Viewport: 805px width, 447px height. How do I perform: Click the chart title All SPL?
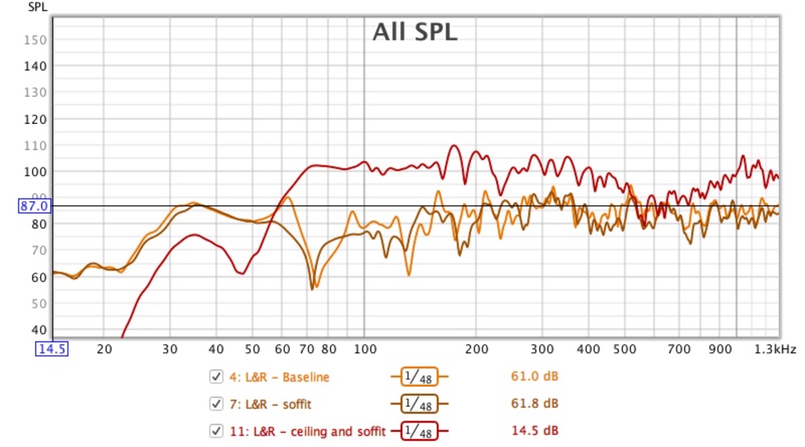click(x=415, y=32)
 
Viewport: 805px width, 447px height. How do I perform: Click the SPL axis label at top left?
click(x=36, y=7)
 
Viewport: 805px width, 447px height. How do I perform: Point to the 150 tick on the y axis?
click(x=38, y=40)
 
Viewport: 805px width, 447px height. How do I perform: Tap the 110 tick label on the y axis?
click(x=38, y=146)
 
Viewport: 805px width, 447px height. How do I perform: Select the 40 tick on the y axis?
click(x=40, y=330)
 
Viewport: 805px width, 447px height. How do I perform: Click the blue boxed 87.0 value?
click(x=34, y=206)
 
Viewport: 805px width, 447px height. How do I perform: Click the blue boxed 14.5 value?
click(x=52, y=350)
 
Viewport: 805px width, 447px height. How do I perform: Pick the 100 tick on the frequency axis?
click(x=364, y=350)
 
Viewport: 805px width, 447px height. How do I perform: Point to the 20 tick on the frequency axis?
click(x=103, y=350)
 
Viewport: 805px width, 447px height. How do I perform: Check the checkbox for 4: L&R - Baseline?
click(x=216, y=377)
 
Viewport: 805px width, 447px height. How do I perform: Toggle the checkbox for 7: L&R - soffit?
click(x=216, y=403)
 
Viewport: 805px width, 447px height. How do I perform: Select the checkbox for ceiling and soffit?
click(x=216, y=430)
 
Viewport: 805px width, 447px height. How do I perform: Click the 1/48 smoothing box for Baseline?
click(x=419, y=377)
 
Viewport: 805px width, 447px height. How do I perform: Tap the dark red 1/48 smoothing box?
click(x=419, y=430)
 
